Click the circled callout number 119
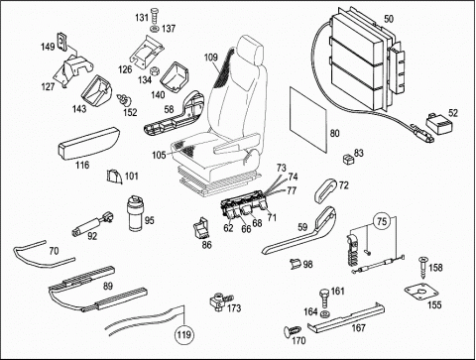[183, 335]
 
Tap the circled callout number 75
[382, 221]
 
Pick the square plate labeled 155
[421, 292]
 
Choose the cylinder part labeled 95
[135, 212]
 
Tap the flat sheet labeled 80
[308, 118]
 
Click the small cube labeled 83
[348, 159]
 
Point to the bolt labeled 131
[155, 16]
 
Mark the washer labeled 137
[155, 29]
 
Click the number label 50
[389, 19]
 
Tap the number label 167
[359, 327]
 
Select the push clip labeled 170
[293, 330]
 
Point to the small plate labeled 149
[62, 42]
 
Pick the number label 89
[108, 286]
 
